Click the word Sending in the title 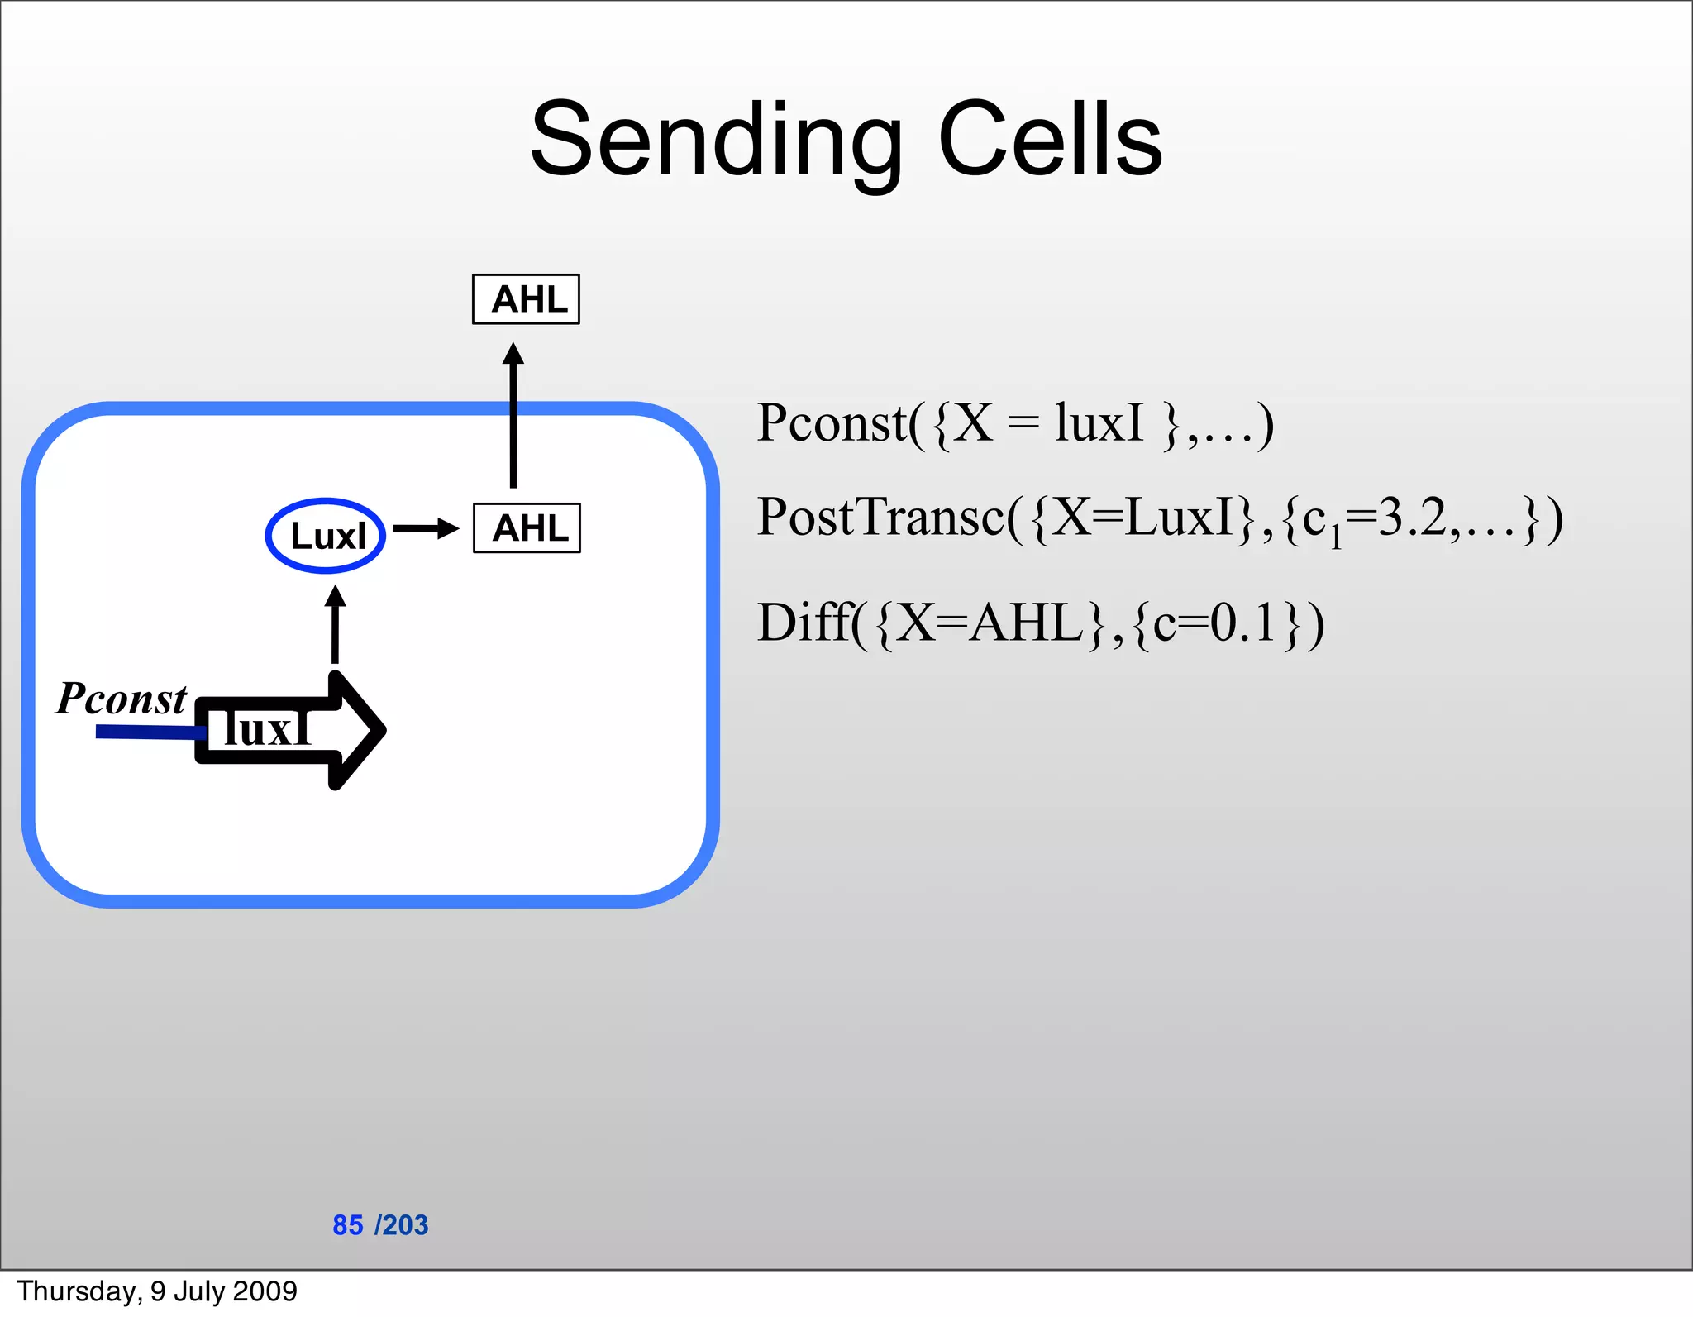point(716,141)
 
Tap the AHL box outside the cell point(526,299)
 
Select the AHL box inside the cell point(527,528)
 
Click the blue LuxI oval point(326,536)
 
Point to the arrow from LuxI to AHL point(426,528)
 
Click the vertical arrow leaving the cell point(513,413)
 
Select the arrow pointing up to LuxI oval point(335,624)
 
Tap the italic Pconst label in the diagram point(122,699)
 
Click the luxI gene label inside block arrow point(266,729)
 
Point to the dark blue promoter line point(149,732)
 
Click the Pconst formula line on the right point(1014,424)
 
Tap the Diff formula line point(1040,623)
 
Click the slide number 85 point(347,1225)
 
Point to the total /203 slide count point(402,1225)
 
